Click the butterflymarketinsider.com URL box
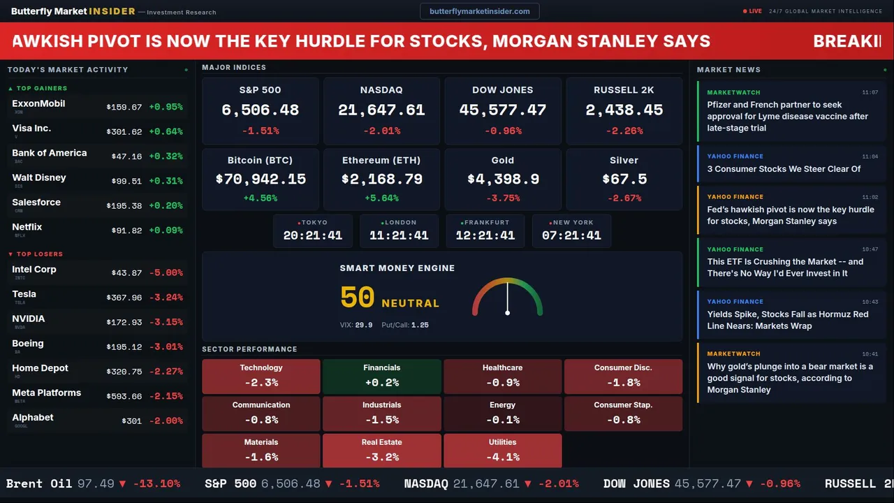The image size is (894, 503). coord(479,11)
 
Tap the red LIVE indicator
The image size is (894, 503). coord(753,11)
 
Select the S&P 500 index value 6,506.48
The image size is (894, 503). coord(260,110)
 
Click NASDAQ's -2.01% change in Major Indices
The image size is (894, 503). coord(382,131)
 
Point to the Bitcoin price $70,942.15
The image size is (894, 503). coord(261,180)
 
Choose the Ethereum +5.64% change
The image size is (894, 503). coord(382,198)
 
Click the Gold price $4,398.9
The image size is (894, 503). coord(503,180)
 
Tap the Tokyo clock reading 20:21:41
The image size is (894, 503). coord(313,235)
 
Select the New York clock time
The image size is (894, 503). coord(571,235)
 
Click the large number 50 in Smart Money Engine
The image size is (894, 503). coord(357,298)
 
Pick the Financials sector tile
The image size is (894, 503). coord(382,377)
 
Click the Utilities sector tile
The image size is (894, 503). coord(503,451)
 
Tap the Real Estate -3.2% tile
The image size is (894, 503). coord(382,451)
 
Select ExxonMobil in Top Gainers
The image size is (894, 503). coord(38,104)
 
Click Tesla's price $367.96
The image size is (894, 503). coord(124,298)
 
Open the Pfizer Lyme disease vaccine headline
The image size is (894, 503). coord(787,117)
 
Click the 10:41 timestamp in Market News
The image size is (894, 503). coord(870,354)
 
